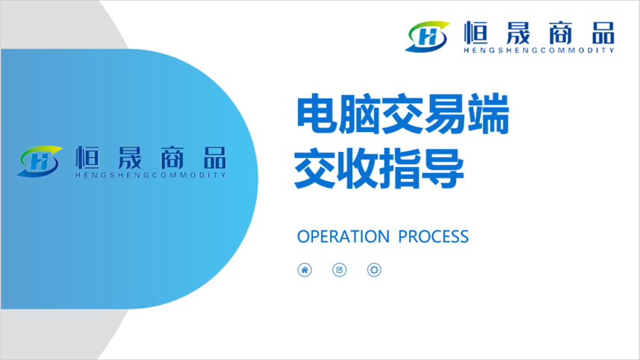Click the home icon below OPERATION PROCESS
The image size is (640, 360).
pyautogui.click(x=305, y=270)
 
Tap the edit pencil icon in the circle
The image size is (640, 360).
pyautogui.click(x=339, y=270)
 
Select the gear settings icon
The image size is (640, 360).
pyautogui.click(x=374, y=270)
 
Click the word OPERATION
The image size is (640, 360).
pyautogui.click(x=343, y=237)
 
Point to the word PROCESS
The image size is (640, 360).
pyautogui.click(x=433, y=237)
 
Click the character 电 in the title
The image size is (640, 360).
pyautogui.click(x=317, y=114)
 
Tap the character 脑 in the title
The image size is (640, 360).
pyautogui.click(x=360, y=114)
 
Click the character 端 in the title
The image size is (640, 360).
pyautogui.click(x=488, y=114)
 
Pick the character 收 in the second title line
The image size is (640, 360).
pyautogui.click(x=358, y=168)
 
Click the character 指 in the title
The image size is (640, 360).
pyautogui.click(x=400, y=168)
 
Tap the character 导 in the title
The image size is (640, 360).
pyautogui.click(x=443, y=168)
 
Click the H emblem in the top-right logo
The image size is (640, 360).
pyautogui.click(x=428, y=37)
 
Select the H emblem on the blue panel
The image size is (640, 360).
pyautogui.click(x=39, y=161)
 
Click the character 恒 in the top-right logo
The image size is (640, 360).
pyautogui.click(x=476, y=33)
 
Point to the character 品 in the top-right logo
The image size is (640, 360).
pyautogui.click(x=603, y=33)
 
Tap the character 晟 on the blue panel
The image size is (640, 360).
pyautogui.click(x=130, y=157)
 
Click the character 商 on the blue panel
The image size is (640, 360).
pyautogui.click(x=172, y=157)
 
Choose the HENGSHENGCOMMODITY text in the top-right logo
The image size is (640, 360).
pyautogui.click(x=539, y=50)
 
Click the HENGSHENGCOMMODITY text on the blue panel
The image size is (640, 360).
pyautogui.click(x=151, y=175)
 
